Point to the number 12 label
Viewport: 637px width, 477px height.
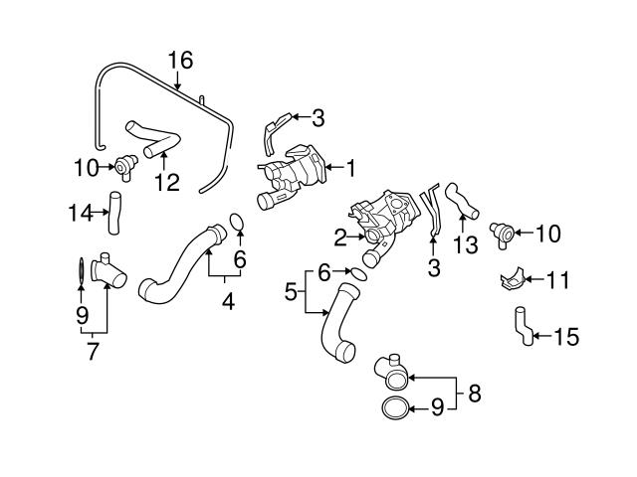[166, 182]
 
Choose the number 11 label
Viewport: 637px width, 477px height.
[557, 280]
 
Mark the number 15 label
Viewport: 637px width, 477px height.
[565, 337]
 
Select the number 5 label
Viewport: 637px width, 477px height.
[291, 292]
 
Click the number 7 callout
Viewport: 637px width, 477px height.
[93, 351]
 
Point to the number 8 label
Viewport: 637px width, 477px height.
[473, 394]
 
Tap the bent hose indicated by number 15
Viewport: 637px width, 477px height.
[522, 327]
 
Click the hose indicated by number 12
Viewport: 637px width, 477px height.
[147, 138]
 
